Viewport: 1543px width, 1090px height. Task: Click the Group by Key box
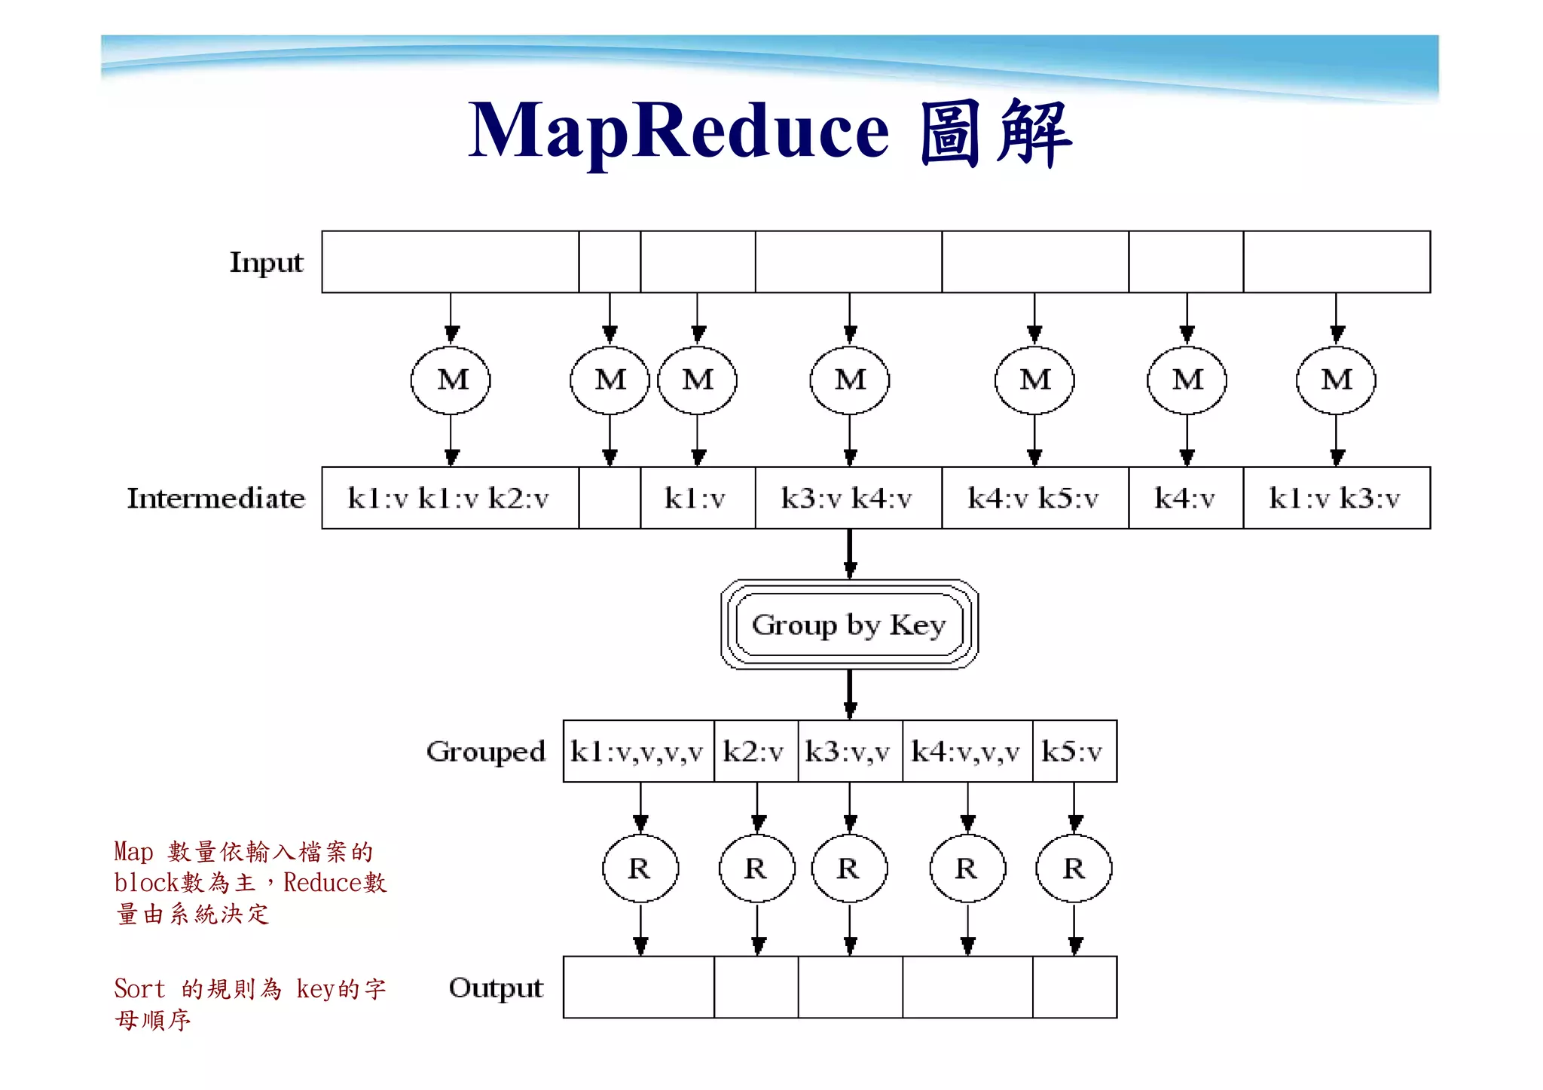pos(849,624)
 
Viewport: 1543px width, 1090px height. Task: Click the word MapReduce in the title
pos(678,131)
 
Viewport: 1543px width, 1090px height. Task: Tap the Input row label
pos(266,262)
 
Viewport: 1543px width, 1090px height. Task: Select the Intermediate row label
pos(215,498)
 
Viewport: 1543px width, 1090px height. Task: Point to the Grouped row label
pos(485,751)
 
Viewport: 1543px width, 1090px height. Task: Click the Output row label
pos(496,988)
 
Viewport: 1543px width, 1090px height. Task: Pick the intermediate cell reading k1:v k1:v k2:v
pos(450,498)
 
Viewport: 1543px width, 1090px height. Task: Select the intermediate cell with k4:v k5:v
pos(1034,498)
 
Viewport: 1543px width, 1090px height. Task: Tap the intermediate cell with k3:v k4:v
pos(848,498)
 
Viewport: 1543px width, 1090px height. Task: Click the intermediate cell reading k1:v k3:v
pos(1336,498)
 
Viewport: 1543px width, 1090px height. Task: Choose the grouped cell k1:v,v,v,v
pos(638,751)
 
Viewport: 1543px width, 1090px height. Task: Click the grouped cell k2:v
pos(755,751)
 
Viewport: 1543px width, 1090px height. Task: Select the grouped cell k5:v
pos(1074,751)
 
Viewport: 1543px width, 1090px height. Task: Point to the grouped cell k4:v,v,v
pos(967,751)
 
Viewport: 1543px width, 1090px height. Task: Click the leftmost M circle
pos(451,380)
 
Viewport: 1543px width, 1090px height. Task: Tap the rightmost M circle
pos(1336,380)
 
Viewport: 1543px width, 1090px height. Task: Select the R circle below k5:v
pos(1074,869)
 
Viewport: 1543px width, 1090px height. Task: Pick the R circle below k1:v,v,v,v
pos(640,869)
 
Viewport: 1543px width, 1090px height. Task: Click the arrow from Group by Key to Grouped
pos(850,693)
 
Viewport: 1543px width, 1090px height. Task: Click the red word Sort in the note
pos(139,988)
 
